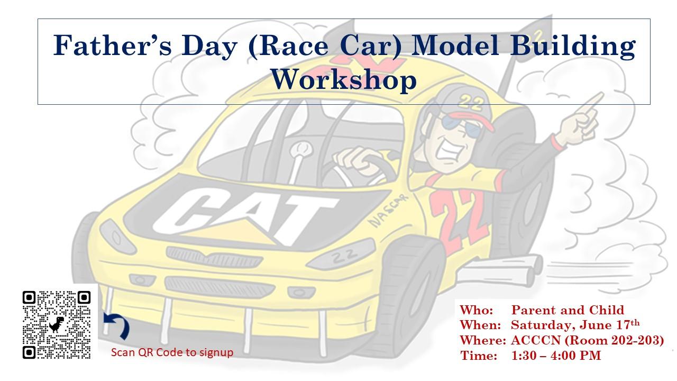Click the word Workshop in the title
pos(344,79)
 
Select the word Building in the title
pos(573,46)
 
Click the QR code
pos(57,325)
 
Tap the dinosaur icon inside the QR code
pos(57,324)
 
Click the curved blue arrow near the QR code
pos(118,325)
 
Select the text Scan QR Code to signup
pos(172,352)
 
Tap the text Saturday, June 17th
pos(575,325)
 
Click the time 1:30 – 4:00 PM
pos(556,356)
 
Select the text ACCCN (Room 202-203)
pos(587,340)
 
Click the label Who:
pos(477,310)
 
